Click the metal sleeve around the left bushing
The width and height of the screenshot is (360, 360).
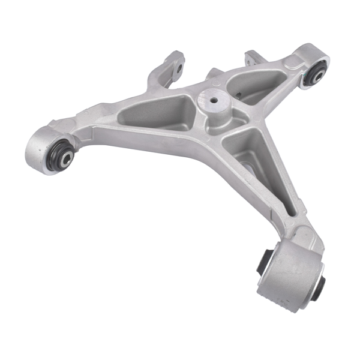[42, 147]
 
